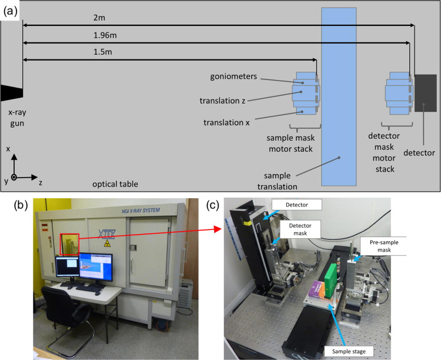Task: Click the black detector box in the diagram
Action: pyautogui.click(x=425, y=93)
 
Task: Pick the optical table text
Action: pyautogui.click(x=115, y=184)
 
